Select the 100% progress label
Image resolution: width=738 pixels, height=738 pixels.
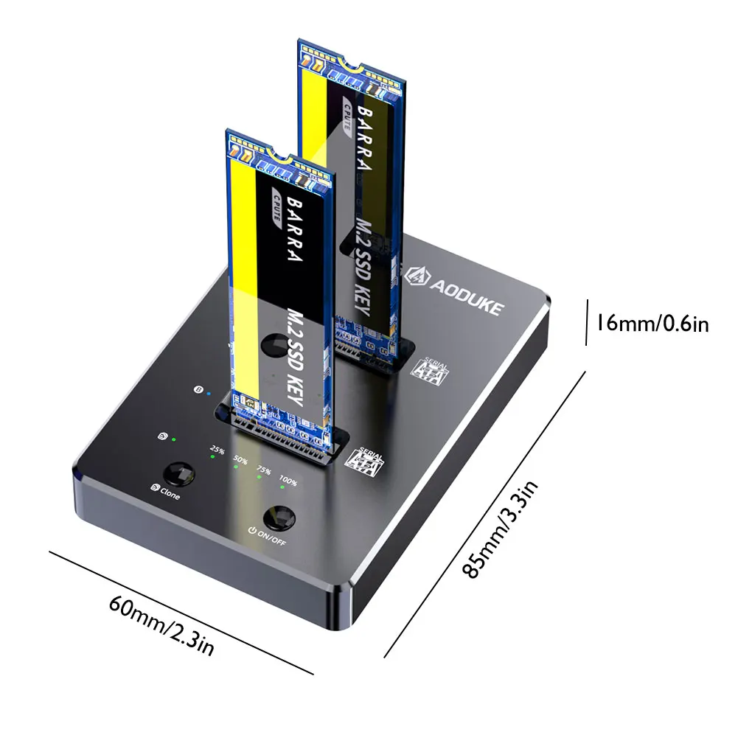pos(288,483)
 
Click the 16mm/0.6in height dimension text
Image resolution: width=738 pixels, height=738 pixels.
pos(652,323)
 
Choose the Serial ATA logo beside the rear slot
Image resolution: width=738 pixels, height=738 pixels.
pos(434,369)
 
